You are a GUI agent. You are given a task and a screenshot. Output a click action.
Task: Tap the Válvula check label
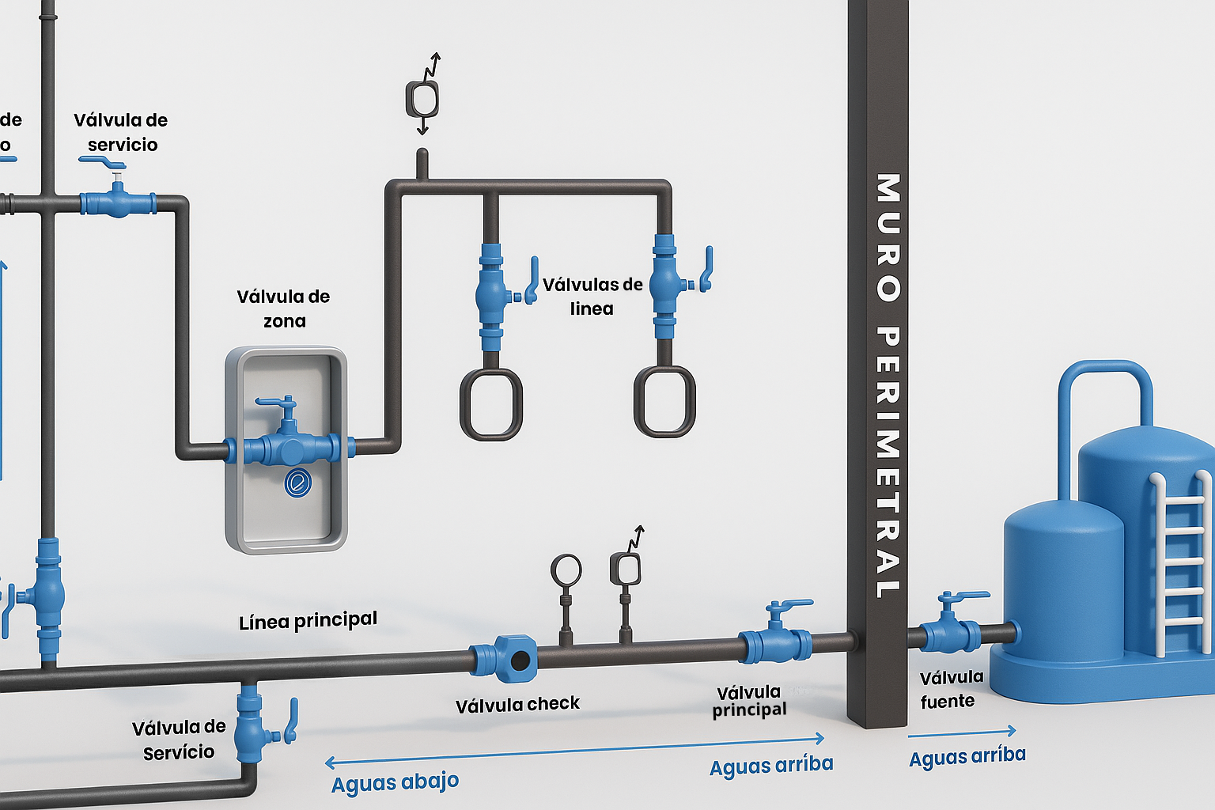pyautogui.click(x=517, y=705)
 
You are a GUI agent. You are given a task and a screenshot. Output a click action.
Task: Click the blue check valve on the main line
pyautogui.click(x=504, y=659)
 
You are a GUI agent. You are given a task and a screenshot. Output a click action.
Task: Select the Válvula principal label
pyautogui.click(x=749, y=701)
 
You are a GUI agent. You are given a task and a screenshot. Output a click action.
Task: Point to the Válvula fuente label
pyautogui.click(x=952, y=689)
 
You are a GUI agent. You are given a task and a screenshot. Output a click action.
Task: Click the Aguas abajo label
pyautogui.click(x=395, y=783)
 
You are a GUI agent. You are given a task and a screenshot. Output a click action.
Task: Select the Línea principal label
pyautogui.click(x=308, y=621)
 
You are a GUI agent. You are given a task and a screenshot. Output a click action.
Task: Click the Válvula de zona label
pyautogui.click(x=284, y=308)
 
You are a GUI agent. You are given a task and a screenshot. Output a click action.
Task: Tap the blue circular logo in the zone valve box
pyautogui.click(x=297, y=483)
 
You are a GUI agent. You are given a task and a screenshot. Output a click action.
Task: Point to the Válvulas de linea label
pyautogui.click(x=592, y=296)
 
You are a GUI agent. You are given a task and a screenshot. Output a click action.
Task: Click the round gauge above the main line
pyautogui.click(x=566, y=570)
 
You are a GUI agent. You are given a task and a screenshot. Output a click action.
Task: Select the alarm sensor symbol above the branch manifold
pyautogui.click(x=422, y=94)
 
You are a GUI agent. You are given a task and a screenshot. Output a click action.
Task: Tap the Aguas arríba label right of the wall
pyautogui.click(x=967, y=756)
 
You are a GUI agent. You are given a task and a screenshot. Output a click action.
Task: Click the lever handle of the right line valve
pyautogui.click(x=706, y=269)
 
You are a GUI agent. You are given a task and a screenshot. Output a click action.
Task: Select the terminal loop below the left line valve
pyautogui.click(x=491, y=403)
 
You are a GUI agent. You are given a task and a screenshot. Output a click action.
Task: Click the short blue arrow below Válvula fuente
pyautogui.click(x=962, y=733)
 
